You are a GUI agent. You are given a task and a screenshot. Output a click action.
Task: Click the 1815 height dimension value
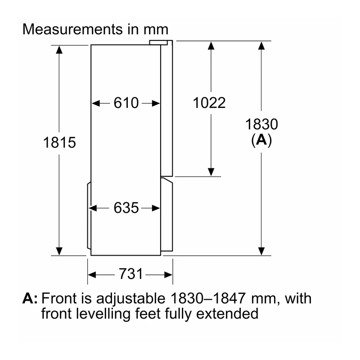tap(59, 142)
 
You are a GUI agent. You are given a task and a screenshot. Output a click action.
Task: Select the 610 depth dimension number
tap(126, 103)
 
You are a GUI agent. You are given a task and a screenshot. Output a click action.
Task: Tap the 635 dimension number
tap(126, 208)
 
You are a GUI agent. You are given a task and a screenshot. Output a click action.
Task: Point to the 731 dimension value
tap(130, 274)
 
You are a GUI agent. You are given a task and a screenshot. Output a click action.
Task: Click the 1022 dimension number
tap(209, 103)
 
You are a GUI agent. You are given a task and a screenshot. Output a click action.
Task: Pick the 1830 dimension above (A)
tap(261, 124)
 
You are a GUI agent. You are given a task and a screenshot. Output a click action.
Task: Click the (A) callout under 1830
tap(261, 140)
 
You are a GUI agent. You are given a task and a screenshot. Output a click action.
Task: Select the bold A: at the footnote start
tap(30, 298)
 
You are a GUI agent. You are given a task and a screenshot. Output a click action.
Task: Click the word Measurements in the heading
tap(72, 29)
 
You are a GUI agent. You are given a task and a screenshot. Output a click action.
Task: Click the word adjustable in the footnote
tap(130, 299)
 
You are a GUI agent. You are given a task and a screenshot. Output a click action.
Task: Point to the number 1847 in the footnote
tap(229, 298)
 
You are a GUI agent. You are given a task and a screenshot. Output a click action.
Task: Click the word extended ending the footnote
tap(227, 313)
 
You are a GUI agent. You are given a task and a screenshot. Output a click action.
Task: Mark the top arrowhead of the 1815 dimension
tap(59, 49)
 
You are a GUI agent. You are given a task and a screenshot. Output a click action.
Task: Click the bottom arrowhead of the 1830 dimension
tap(261, 251)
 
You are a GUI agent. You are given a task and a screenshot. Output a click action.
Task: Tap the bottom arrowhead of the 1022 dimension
tap(211, 172)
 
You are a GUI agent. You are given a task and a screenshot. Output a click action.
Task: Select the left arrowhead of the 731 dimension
tap(92, 274)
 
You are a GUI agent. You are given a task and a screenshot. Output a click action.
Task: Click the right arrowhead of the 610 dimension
tap(156, 103)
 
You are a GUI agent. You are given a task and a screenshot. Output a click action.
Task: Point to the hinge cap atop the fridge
tap(158, 43)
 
